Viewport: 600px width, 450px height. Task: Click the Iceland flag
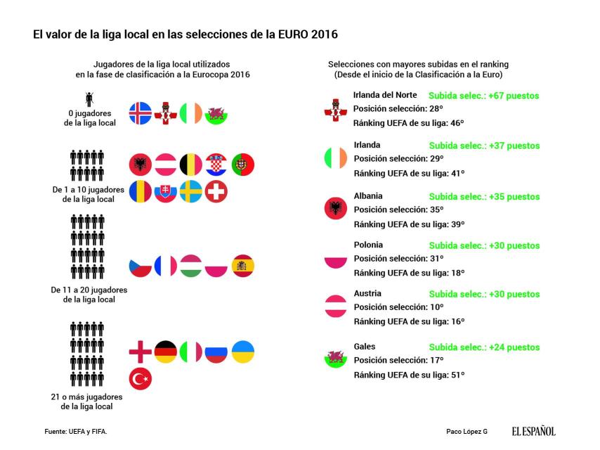[141, 113]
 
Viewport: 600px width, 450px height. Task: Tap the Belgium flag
[191, 165]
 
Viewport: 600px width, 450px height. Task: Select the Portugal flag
[243, 165]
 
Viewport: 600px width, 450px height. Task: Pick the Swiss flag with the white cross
[216, 191]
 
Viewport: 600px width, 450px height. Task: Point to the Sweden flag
[191, 191]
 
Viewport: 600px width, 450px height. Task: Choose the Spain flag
[243, 266]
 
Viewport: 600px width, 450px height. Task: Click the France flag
[166, 266]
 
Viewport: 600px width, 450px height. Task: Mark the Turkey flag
[141, 380]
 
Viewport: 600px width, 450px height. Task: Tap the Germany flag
[166, 352]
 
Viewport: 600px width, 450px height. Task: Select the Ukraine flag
[243, 352]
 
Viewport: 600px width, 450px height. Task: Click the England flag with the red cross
[141, 352]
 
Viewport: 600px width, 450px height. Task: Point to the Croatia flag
[216, 165]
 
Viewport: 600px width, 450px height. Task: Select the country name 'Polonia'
[368, 245]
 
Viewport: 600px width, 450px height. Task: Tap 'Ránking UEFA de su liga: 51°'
[409, 375]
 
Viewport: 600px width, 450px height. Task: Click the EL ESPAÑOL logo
[533, 431]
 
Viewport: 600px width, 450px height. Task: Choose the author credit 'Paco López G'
[466, 431]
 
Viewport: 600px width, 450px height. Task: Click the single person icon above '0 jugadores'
[89, 99]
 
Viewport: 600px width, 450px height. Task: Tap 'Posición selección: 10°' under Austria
[398, 307]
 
